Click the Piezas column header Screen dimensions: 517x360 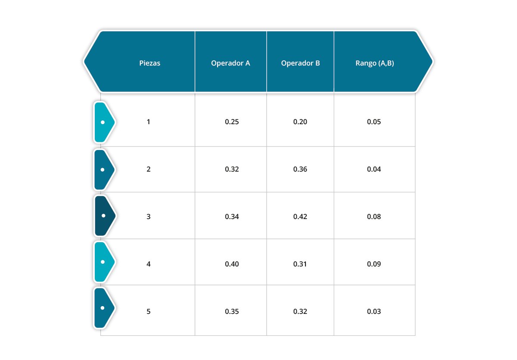pyautogui.click(x=149, y=63)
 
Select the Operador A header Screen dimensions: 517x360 pyautogui.click(x=230, y=63)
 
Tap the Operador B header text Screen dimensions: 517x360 pyautogui.click(x=300, y=63)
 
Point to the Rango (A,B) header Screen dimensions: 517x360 pyautogui.click(x=374, y=63)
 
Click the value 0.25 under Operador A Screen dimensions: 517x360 pyautogui.click(x=232, y=122)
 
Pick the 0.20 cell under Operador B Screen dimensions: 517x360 pyautogui.click(x=300, y=122)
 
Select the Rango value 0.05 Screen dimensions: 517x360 pyautogui.click(x=374, y=122)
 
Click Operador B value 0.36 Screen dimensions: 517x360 pyautogui.click(x=300, y=169)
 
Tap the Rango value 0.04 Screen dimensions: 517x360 pyautogui.click(x=374, y=169)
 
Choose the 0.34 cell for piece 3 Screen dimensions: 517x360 pyautogui.click(x=232, y=216)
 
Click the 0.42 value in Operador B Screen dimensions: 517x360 pyautogui.click(x=300, y=216)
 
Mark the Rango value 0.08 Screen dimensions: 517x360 pyautogui.click(x=374, y=216)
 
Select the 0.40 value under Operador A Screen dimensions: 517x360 pyautogui.click(x=232, y=264)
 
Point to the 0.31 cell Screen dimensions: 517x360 pyautogui.click(x=300, y=264)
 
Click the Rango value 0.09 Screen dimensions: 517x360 pyautogui.click(x=374, y=264)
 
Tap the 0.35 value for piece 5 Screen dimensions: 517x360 pyautogui.click(x=232, y=311)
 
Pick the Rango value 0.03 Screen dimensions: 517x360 pyautogui.click(x=374, y=311)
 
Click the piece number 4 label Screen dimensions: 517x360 pyautogui.click(x=148, y=264)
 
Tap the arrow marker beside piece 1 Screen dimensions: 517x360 pyautogui.click(x=104, y=122)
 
